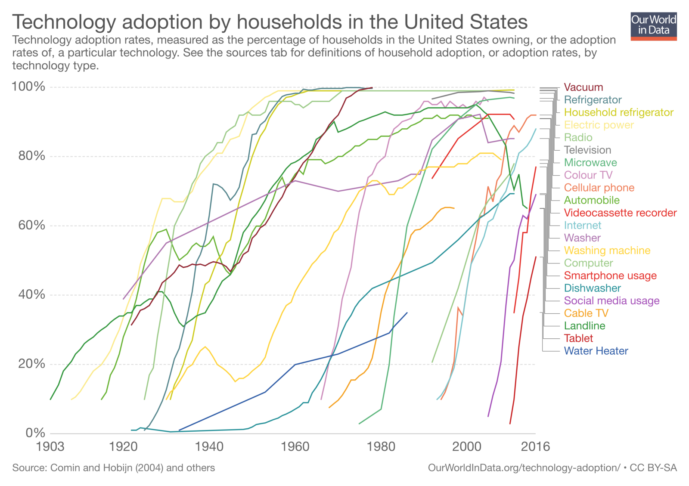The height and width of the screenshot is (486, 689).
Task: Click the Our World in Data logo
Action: [x=653, y=26]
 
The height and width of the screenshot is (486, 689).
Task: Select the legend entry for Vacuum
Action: [x=583, y=87]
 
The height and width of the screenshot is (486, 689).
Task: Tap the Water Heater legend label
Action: [x=596, y=351]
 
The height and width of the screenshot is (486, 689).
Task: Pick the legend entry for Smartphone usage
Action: [x=610, y=276]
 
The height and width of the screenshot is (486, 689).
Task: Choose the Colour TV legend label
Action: [x=588, y=175]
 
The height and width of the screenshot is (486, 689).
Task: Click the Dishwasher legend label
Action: [x=592, y=288]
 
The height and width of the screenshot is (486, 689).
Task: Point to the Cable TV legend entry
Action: [x=586, y=313]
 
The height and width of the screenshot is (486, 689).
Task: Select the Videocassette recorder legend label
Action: [x=620, y=213]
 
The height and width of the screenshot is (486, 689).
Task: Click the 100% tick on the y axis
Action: [x=28, y=87]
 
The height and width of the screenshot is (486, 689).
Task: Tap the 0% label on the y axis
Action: [x=35, y=433]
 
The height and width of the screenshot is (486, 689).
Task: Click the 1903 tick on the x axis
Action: [x=51, y=446]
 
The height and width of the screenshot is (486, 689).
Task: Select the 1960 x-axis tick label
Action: [x=295, y=446]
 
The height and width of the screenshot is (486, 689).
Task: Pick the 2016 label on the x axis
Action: [x=535, y=446]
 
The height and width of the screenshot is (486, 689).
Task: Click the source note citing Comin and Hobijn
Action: [x=113, y=467]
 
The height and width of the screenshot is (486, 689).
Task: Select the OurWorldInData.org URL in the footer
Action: [x=524, y=467]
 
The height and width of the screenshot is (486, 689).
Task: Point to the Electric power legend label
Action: [x=599, y=125]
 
